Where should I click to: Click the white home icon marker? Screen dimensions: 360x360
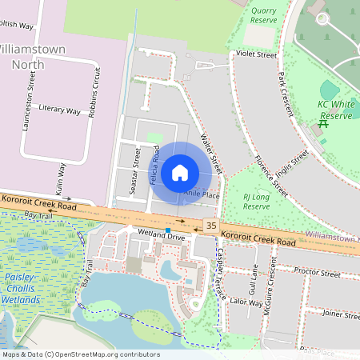(180, 172)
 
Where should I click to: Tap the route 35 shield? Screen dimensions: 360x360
(211, 226)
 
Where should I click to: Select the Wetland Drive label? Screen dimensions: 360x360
(162, 238)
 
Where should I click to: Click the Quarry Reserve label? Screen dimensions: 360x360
(263, 16)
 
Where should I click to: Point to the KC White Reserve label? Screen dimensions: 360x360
(336, 110)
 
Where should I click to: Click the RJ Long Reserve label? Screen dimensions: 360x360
(257, 201)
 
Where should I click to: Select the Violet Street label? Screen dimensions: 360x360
(256, 55)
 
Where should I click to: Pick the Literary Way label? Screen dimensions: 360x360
(60, 109)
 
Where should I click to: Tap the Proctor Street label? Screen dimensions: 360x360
(318, 273)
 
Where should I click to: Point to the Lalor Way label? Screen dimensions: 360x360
(246, 302)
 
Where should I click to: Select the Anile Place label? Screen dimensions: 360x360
(201, 194)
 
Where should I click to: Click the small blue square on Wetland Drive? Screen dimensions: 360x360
(168, 230)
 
